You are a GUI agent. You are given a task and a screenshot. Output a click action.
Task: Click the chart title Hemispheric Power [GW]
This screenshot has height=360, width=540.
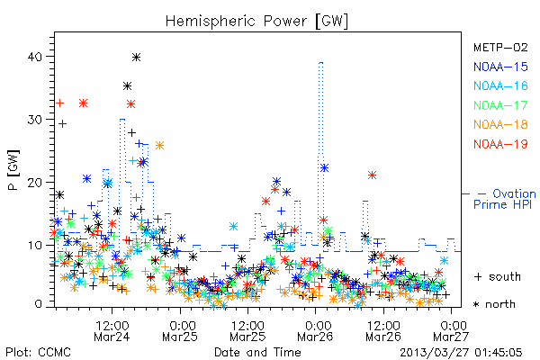(256, 22)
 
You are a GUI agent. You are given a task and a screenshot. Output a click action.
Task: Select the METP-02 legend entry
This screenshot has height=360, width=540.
(500, 47)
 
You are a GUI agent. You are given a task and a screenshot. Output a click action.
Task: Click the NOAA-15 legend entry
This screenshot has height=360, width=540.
(500, 67)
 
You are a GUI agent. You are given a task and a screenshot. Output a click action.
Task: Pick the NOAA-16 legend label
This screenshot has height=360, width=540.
(500, 85)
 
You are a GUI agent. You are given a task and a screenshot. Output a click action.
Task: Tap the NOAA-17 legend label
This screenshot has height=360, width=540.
(500, 105)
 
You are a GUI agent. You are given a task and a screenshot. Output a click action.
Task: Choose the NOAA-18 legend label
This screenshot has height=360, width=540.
(500, 124)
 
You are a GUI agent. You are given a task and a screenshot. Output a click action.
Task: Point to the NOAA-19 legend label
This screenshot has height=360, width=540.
(500, 144)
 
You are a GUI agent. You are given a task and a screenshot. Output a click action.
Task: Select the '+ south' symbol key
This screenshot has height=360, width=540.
(498, 276)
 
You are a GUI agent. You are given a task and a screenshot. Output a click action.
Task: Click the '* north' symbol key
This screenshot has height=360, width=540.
(494, 304)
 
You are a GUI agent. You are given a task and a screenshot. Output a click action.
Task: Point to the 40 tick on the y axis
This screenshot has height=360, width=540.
(34, 57)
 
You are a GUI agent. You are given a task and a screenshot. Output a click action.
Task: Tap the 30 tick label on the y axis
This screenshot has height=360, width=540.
(34, 120)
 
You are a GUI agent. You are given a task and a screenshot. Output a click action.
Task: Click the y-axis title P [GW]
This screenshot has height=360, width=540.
(13, 170)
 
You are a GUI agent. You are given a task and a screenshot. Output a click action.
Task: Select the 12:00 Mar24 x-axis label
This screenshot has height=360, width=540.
(112, 331)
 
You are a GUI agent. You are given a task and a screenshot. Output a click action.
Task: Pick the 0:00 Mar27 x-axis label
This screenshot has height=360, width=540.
(451, 331)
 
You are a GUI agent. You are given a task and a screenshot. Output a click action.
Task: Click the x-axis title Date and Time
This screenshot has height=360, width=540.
(257, 352)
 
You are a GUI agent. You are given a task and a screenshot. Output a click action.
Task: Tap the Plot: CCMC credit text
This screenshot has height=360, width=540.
(38, 352)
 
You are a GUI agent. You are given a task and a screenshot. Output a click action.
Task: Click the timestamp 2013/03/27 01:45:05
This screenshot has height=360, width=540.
(461, 352)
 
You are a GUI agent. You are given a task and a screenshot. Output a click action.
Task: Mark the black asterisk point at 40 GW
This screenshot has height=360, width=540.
(137, 58)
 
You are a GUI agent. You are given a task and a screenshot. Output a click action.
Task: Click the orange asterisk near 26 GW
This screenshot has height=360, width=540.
(159, 146)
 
